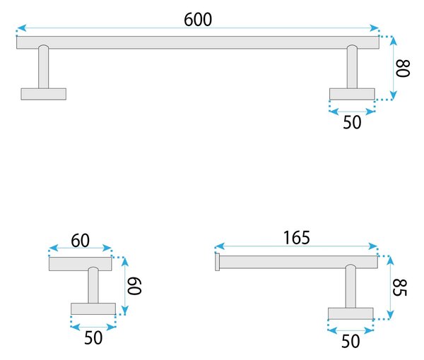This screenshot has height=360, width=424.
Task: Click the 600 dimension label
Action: click(x=198, y=20)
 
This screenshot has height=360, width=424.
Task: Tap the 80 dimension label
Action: click(x=403, y=68)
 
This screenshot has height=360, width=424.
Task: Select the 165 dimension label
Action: click(x=297, y=238)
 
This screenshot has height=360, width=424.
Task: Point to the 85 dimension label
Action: click(x=399, y=287)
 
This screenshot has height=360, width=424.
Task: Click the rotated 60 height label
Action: click(x=134, y=286)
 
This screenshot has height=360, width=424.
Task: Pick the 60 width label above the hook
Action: click(x=80, y=241)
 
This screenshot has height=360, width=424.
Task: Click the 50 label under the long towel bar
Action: click(x=352, y=122)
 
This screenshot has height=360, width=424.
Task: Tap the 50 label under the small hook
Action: click(x=93, y=337)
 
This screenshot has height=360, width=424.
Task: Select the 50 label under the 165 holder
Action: click(x=351, y=341)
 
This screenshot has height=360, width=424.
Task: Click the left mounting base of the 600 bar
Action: click(x=44, y=94)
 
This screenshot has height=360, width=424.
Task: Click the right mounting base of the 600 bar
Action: click(x=352, y=94)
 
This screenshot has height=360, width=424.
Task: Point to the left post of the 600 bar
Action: click(x=43, y=67)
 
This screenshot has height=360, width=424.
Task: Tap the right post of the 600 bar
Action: click(x=352, y=67)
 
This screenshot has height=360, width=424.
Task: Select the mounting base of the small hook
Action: click(x=93, y=308)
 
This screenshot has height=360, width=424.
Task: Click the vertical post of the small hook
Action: click(x=93, y=285)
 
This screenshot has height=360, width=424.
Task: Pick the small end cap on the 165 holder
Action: click(x=217, y=262)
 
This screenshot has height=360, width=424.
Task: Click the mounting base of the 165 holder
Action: click(x=351, y=313)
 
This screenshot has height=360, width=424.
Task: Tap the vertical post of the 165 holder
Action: click(x=351, y=287)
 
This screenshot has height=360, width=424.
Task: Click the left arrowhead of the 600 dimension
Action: click(x=22, y=28)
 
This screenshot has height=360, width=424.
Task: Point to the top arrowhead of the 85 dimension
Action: click(x=390, y=260)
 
